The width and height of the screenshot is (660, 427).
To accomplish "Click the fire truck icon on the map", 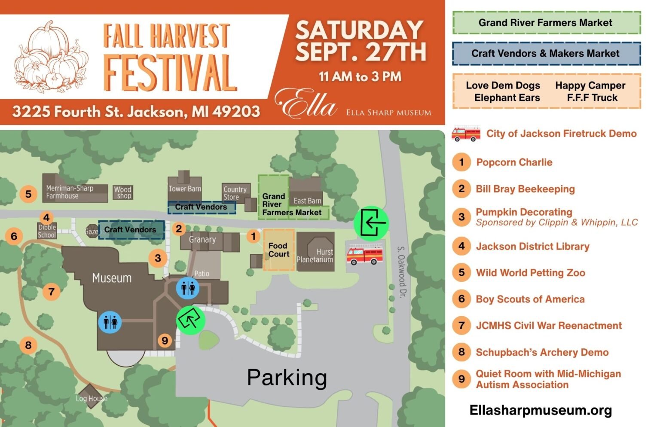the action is [364, 255].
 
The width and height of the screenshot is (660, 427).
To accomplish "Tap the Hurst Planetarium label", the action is [315, 256].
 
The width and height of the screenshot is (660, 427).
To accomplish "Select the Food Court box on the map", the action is [279, 250].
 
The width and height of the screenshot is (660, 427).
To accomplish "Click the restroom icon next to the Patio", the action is [188, 287].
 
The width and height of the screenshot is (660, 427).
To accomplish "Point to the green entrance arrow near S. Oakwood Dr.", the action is [371, 223].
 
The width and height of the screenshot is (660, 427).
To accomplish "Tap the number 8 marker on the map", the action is [28, 345].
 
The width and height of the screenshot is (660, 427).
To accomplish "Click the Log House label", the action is [91, 399].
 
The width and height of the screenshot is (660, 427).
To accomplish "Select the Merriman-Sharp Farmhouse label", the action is [69, 192].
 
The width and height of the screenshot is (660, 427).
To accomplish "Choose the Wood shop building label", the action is [123, 192].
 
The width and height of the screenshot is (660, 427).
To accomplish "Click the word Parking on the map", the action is [287, 378].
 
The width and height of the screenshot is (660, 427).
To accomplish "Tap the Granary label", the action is [202, 240].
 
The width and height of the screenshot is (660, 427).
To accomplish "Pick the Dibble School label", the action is [47, 231].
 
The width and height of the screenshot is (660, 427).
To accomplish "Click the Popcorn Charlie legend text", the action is [514, 162].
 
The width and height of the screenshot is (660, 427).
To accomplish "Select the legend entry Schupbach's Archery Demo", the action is [542, 352].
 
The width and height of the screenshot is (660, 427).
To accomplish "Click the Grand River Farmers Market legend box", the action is [546, 23].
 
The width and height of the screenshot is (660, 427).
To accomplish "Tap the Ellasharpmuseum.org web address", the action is [541, 410].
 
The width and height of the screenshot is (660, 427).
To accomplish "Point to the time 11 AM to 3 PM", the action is [360, 77].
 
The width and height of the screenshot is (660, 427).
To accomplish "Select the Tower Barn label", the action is [185, 189].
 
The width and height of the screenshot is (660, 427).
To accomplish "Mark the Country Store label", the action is [235, 193].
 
